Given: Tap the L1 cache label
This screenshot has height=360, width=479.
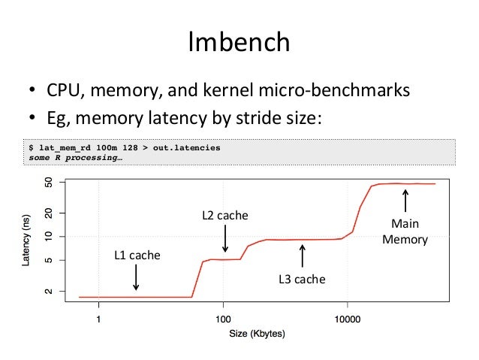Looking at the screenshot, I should pyautogui.click(x=137, y=256).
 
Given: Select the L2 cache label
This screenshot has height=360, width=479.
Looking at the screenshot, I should pyautogui.click(x=224, y=216).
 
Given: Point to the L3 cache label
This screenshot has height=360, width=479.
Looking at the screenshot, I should pyautogui.click(x=302, y=280).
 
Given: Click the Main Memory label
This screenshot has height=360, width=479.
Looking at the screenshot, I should pyautogui.click(x=405, y=232).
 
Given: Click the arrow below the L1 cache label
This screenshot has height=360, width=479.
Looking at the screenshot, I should pyautogui.click(x=136, y=277).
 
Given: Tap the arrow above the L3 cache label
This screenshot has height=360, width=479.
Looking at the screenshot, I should pyautogui.click(x=302, y=255).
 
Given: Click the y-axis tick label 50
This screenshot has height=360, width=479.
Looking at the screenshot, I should pyautogui.click(x=50, y=183).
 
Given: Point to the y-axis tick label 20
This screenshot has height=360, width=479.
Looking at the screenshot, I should pyautogui.click(x=50, y=214).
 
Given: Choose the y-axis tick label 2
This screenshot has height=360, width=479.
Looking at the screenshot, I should pyautogui.click(x=50, y=291).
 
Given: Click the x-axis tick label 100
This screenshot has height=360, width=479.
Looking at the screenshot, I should pyautogui.click(x=223, y=319).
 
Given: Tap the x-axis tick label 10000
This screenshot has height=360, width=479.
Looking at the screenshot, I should pyautogui.click(x=347, y=319).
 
